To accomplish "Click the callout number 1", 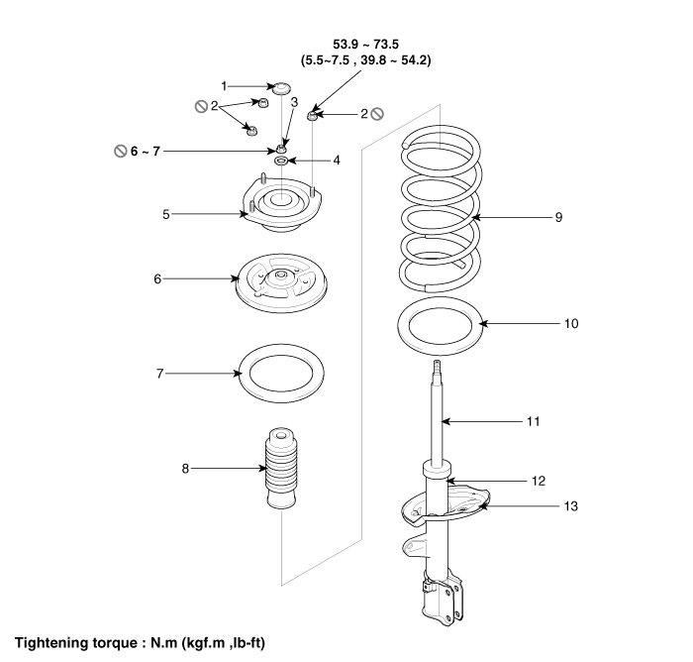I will point(225,86).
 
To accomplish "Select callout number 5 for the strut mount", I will point(167,212).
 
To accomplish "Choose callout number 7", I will point(159,374).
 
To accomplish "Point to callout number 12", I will point(539,482).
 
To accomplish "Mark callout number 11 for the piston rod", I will point(533,421).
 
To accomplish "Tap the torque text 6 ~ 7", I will point(144,151).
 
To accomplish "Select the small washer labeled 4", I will point(281,161).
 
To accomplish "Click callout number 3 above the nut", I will point(294,102).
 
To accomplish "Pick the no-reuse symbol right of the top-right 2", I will point(376,114).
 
